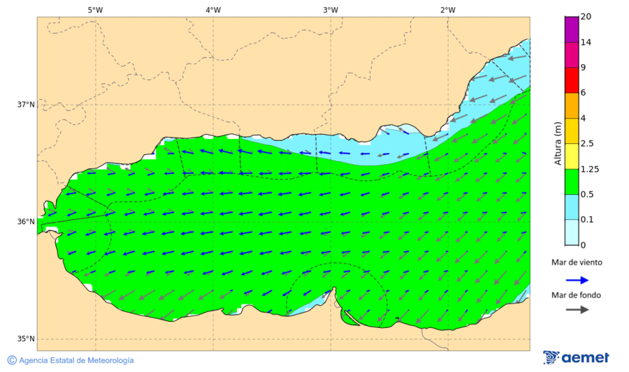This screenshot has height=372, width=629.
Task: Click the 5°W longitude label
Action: (96, 10)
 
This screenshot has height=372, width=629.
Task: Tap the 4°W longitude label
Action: (213, 10)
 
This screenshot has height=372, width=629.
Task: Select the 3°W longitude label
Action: (331, 10)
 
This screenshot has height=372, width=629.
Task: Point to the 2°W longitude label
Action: (448, 10)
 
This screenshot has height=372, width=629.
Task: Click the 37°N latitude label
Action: (26, 105)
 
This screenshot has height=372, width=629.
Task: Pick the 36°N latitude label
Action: (26, 222)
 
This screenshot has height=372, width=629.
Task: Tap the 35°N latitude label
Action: (26, 339)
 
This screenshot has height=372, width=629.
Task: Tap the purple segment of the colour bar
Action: (572, 29)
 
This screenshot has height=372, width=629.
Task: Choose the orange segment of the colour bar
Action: (572, 105)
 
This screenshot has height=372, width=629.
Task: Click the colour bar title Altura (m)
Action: (558, 143)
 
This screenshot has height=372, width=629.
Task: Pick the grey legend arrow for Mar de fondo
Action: (576, 309)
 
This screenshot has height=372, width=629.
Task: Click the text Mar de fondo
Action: (576, 295)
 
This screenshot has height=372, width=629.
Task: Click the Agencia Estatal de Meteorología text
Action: (76, 360)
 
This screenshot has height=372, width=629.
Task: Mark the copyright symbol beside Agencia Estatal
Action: (12, 360)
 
